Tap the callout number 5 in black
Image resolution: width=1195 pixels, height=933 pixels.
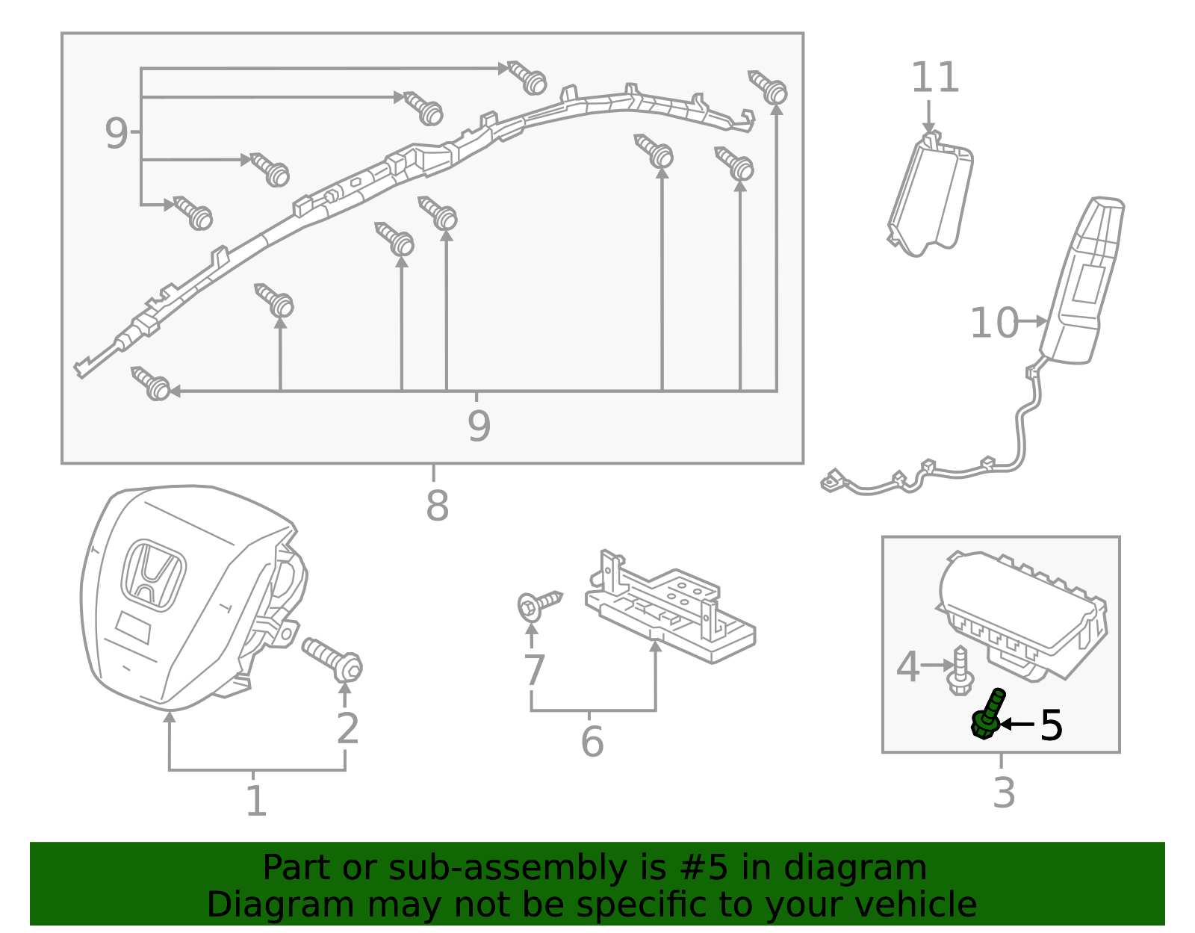[1051, 725]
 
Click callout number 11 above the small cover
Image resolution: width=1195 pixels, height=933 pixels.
[935, 78]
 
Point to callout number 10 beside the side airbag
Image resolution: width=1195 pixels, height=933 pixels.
[993, 323]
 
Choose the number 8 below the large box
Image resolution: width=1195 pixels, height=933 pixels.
[437, 506]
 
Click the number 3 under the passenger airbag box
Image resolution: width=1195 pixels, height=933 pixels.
[1004, 793]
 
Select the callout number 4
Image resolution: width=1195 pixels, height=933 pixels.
[907, 667]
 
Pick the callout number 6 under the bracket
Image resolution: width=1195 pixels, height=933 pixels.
[592, 742]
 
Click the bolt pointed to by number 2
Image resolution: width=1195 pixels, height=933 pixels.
[333, 658]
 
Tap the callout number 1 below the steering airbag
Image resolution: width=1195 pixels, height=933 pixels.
[256, 801]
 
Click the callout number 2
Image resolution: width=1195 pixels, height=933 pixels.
[347, 728]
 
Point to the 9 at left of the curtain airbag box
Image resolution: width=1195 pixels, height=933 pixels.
[116, 134]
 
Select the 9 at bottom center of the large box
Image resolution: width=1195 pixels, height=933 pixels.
[479, 426]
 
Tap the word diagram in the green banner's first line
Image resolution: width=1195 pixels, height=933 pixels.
[880, 868]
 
